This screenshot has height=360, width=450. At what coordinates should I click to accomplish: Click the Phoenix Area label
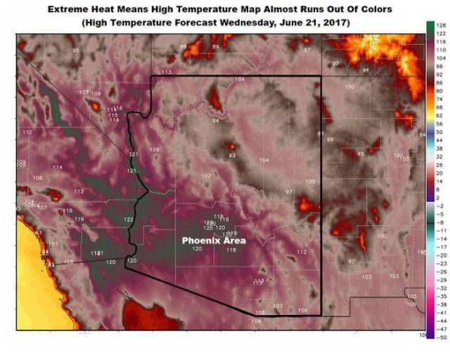pos(214,240)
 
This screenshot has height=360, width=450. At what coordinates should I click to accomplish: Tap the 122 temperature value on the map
pos(129,220)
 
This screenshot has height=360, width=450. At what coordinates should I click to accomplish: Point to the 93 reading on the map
pos(232,155)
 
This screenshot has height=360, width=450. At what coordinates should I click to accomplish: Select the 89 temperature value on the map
pos(216,46)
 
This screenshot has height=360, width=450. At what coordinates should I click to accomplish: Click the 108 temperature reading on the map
pos(37,178)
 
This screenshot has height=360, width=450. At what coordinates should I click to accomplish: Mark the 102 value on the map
pos(206,176)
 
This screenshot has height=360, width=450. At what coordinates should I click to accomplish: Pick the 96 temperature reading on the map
pos(330,140)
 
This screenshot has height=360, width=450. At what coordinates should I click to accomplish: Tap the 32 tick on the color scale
pos(439,156)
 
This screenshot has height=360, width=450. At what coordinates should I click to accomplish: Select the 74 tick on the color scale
pos(439,99)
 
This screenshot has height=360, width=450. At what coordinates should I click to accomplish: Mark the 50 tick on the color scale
pos(439,131)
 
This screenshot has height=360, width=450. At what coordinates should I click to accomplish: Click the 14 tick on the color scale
pos(439,181)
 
